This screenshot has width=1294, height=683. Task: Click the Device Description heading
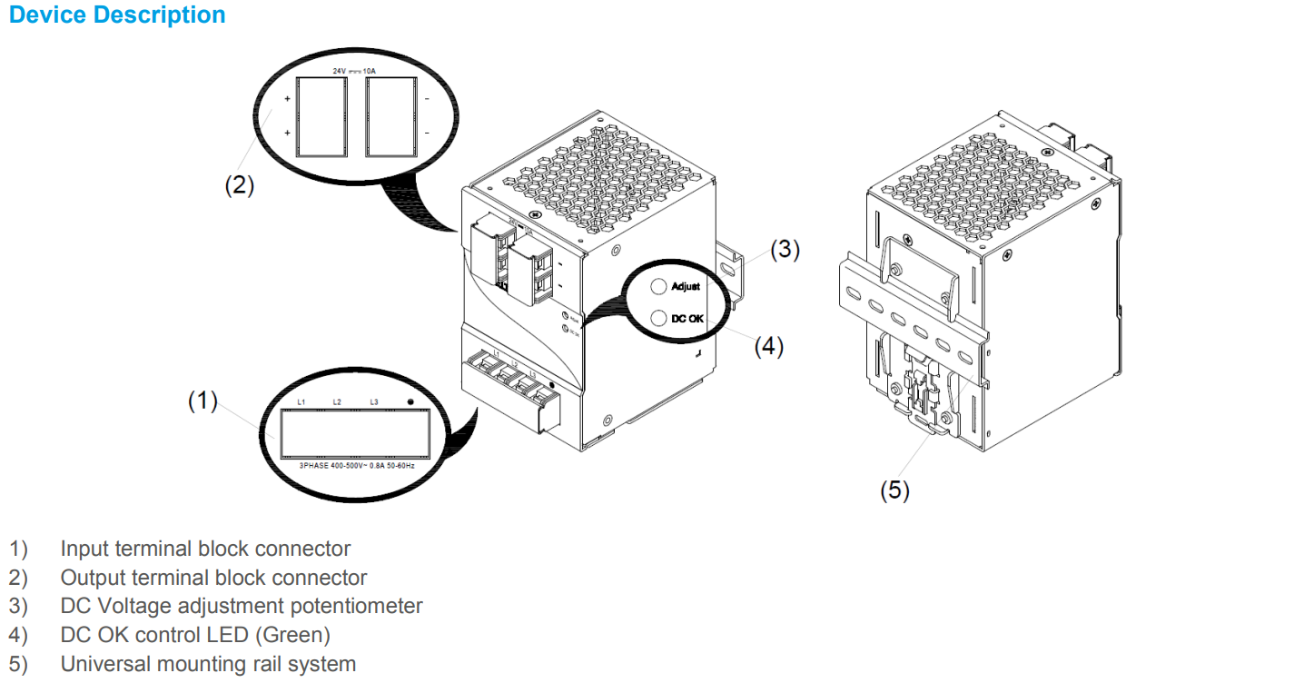[x=117, y=15]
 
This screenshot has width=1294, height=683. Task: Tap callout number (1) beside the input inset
[x=203, y=400]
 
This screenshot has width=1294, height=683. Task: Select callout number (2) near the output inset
[x=240, y=185]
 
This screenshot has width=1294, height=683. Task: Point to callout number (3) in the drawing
[x=785, y=250]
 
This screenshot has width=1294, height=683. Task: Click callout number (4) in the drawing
[x=768, y=346]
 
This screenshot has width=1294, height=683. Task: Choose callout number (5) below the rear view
[x=894, y=490]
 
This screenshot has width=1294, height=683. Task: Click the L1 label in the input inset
[x=302, y=401]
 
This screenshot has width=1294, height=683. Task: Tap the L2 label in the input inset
[x=337, y=401]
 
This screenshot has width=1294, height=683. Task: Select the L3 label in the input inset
[x=373, y=401]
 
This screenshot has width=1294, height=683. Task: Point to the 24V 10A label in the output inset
[x=353, y=70]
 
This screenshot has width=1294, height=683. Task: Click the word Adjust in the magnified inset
[x=686, y=287]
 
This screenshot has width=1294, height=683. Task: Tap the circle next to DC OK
[x=658, y=318]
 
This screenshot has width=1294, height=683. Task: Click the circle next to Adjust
[x=658, y=286]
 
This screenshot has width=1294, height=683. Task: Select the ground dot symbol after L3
[x=410, y=401]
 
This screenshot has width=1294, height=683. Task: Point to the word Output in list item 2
[x=89, y=578]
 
